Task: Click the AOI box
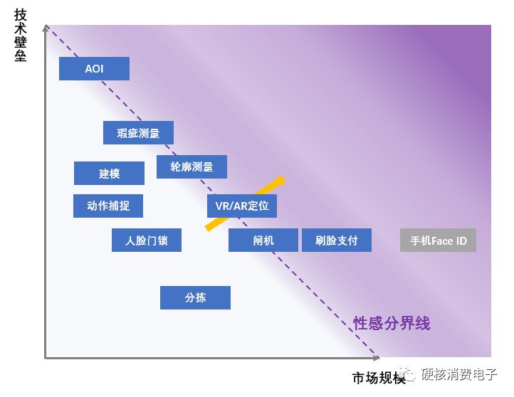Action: point(94,68)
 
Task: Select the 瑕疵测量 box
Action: point(138,132)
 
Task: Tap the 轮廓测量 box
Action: point(192,166)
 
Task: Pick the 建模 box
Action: point(109,174)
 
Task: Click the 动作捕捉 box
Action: point(108,206)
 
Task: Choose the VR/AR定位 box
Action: point(242,206)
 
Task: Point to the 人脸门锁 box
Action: point(147,240)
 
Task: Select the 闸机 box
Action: point(263,240)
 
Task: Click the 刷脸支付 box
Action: point(337,240)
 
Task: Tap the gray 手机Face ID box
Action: point(438,240)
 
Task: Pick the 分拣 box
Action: point(195,297)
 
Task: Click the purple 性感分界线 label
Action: point(392,323)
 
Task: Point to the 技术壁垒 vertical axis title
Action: point(20,35)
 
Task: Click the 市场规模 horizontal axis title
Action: point(379,378)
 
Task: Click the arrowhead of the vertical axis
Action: point(46,28)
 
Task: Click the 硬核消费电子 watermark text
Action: point(459,374)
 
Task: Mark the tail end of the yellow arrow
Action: point(207,228)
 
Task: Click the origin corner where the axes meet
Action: point(46,358)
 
